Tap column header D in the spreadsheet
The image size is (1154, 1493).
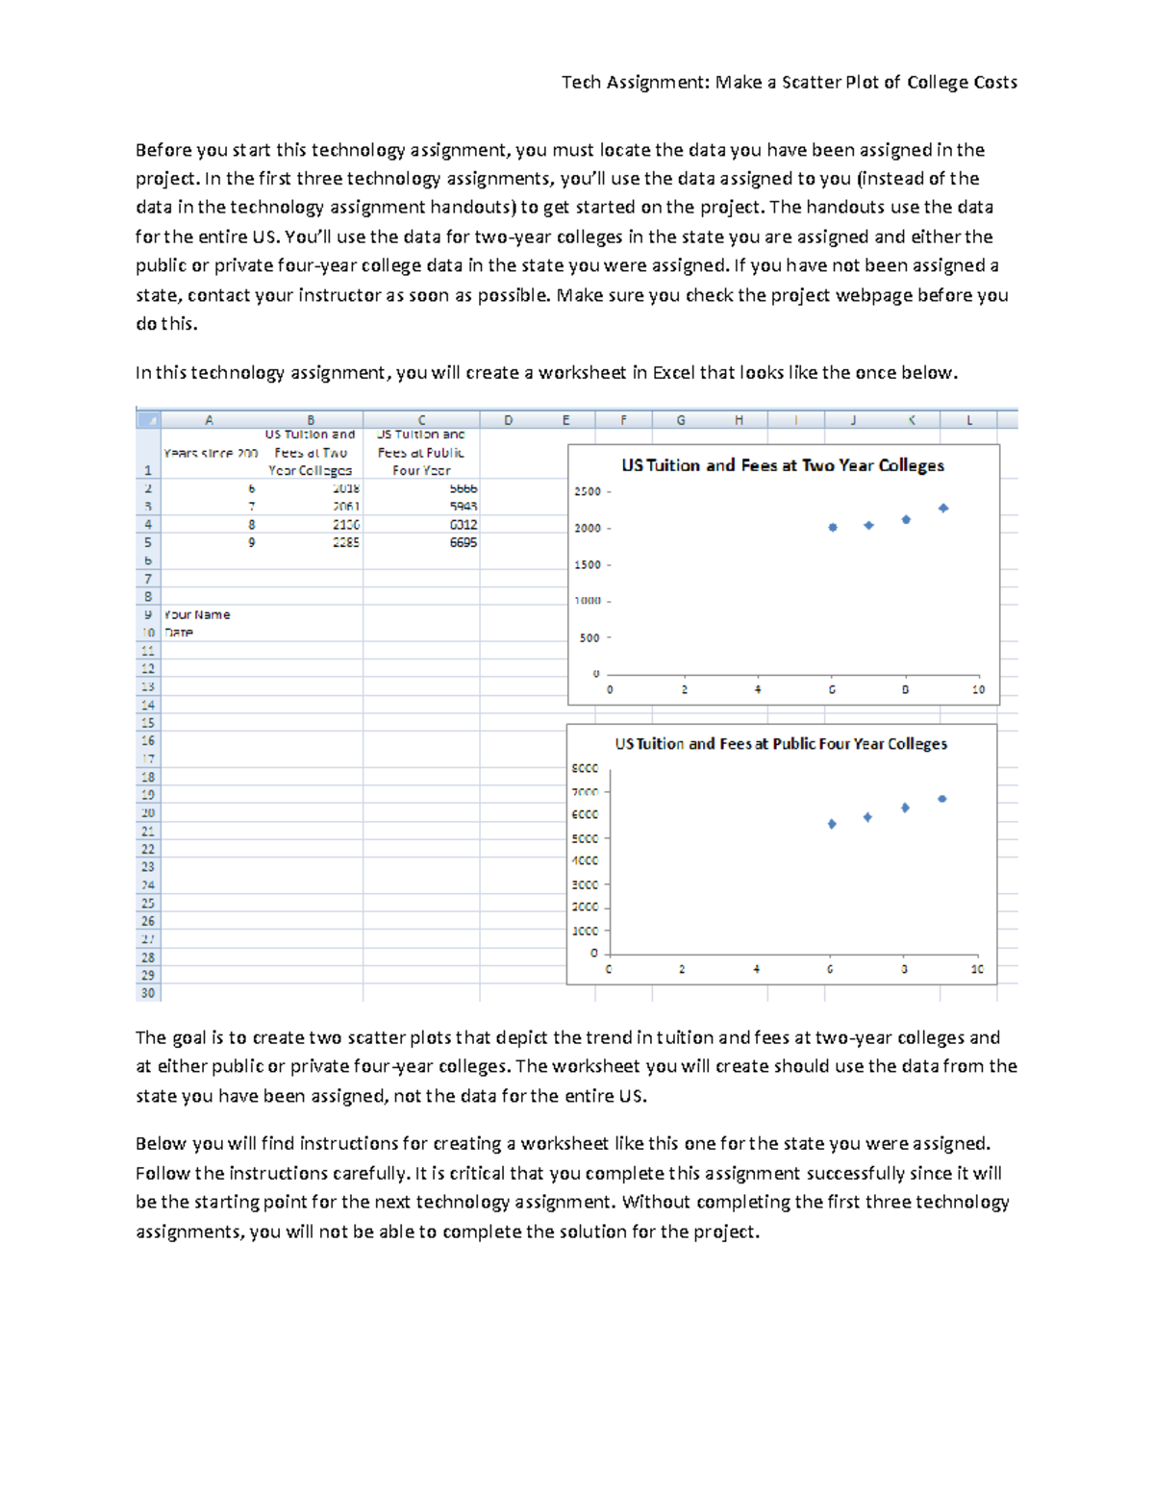tap(508, 420)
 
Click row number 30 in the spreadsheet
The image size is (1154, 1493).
tap(148, 993)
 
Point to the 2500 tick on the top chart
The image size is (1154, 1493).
tap(588, 491)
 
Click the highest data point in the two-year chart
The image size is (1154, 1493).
tap(943, 508)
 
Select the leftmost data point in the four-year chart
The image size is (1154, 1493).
tap(832, 824)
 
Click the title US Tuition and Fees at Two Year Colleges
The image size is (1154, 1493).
tap(783, 465)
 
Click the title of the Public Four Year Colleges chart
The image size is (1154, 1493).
tap(781, 744)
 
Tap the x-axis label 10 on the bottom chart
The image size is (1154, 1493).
tap(977, 969)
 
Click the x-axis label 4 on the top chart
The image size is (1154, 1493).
tap(758, 689)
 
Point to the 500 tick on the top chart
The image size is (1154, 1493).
tap(590, 637)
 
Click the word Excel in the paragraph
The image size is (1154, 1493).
tap(673, 373)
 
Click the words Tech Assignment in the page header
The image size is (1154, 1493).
tap(635, 83)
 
